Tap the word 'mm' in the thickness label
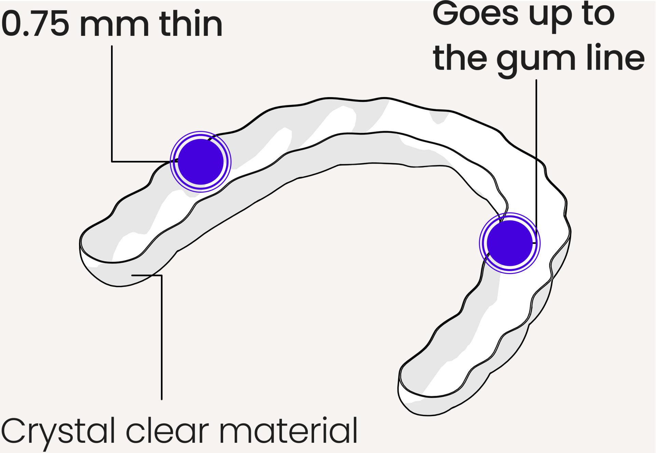[114, 27]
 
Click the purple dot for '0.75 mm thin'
[201, 162]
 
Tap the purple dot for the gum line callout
[510, 243]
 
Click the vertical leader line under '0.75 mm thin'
[112, 104]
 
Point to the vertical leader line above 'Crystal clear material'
[162, 337]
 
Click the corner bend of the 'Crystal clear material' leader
[162, 275]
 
